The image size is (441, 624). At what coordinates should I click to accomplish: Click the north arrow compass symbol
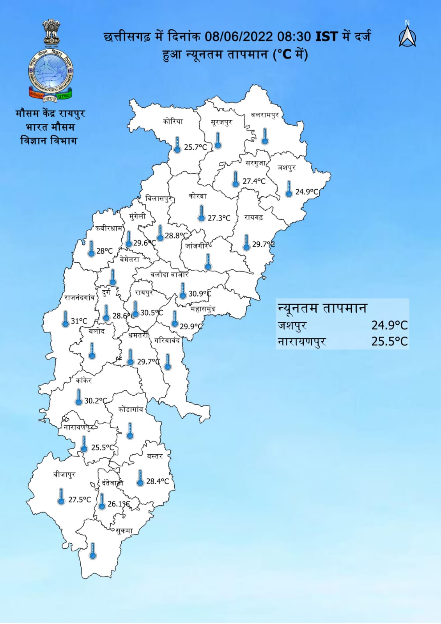click(x=407, y=36)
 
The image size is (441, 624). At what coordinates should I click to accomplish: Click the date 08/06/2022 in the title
click(x=238, y=36)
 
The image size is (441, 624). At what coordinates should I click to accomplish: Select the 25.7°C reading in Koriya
click(x=195, y=147)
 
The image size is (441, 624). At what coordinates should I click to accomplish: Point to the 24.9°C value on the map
click(x=306, y=192)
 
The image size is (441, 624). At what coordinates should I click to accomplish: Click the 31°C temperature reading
click(x=79, y=321)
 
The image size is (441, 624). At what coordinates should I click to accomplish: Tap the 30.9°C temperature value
click(x=199, y=293)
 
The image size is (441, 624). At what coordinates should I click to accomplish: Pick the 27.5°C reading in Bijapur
click(x=80, y=500)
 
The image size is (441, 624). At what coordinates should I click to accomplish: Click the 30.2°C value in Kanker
click(x=96, y=401)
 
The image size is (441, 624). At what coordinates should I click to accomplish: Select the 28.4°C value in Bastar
click(x=158, y=482)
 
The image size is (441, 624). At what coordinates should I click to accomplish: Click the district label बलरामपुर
click(x=265, y=115)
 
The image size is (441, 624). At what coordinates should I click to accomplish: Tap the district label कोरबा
click(x=197, y=196)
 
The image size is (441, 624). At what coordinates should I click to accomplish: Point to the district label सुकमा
click(x=124, y=531)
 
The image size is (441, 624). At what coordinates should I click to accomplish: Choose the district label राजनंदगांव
click(x=80, y=298)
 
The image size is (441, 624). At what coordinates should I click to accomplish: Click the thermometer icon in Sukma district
click(x=93, y=551)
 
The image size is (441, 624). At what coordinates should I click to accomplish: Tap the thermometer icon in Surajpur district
click(x=218, y=140)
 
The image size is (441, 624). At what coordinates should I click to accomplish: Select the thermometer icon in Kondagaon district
click(x=130, y=431)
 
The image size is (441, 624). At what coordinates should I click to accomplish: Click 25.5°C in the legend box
click(x=389, y=341)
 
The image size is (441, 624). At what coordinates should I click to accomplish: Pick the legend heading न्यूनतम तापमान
click(x=322, y=308)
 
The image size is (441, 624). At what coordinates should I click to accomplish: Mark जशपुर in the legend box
click(x=292, y=325)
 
